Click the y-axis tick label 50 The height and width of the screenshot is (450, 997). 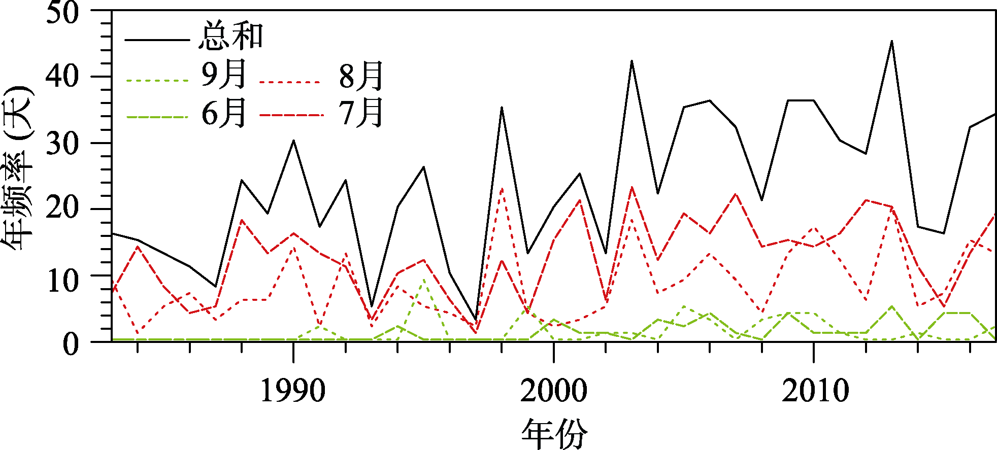click(x=63, y=12)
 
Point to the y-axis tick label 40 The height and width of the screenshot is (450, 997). click(x=63, y=77)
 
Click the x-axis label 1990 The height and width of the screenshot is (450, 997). click(x=293, y=391)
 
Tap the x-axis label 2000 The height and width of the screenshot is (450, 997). click(x=554, y=391)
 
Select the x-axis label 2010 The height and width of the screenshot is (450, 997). click(x=815, y=391)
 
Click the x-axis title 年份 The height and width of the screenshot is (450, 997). click(x=554, y=434)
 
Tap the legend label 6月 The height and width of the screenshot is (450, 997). click(x=224, y=113)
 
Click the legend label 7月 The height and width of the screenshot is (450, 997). click(x=361, y=113)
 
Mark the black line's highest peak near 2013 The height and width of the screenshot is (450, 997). click(x=892, y=41)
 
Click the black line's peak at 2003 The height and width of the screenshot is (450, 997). click(x=632, y=61)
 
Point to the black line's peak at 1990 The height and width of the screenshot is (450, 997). click(x=293, y=141)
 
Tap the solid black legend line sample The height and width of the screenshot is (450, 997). click(x=157, y=40)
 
